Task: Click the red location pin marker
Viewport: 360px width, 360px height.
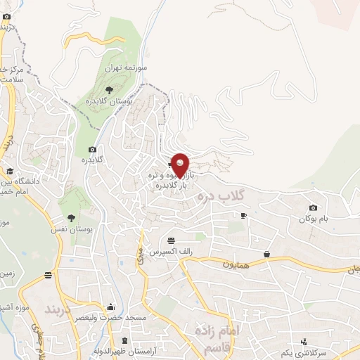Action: pos(181,165)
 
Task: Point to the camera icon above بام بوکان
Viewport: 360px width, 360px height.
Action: pos(313,207)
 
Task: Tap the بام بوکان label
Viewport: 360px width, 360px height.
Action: pos(313,219)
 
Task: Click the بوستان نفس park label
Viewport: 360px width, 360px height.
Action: pos(70,229)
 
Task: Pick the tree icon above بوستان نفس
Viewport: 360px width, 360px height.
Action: pos(70,217)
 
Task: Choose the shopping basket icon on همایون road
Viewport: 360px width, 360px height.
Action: pos(266,254)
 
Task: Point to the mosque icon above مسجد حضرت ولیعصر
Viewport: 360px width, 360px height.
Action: pos(110,307)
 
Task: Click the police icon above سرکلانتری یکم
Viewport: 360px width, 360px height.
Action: pos(303,341)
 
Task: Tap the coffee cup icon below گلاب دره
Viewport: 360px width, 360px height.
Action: pos(243,215)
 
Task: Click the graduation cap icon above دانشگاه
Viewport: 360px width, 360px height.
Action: pos(10,171)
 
